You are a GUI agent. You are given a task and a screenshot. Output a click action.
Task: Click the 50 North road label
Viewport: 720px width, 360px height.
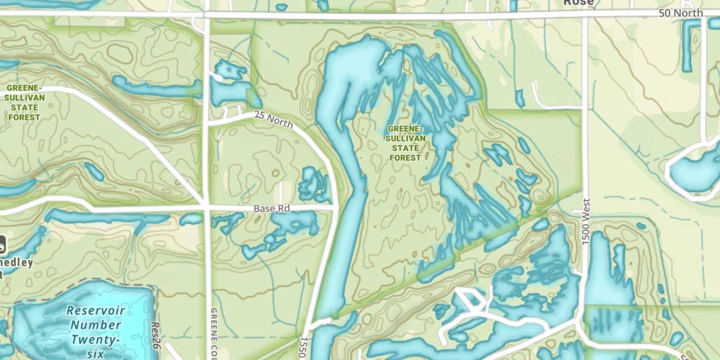click(680, 13)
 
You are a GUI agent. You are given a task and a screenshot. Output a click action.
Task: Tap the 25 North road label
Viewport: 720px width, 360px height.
click(273, 120)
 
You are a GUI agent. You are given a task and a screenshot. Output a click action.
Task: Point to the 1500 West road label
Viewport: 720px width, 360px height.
click(586, 222)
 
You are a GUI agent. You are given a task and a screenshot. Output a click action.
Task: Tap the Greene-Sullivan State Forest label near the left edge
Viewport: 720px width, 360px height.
click(24, 103)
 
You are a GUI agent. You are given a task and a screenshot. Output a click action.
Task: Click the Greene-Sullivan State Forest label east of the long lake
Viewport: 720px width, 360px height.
click(405, 143)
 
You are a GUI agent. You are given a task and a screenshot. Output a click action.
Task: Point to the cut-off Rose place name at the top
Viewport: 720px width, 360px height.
click(578, 3)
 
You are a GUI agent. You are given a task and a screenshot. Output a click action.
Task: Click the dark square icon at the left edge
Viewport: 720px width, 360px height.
click(2, 244)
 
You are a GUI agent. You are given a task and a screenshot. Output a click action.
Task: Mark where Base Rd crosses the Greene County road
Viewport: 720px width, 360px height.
click(207, 208)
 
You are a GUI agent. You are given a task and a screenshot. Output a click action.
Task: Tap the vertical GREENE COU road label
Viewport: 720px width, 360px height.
click(214, 333)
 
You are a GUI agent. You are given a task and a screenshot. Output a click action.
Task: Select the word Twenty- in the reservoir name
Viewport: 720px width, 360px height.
click(94, 340)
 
